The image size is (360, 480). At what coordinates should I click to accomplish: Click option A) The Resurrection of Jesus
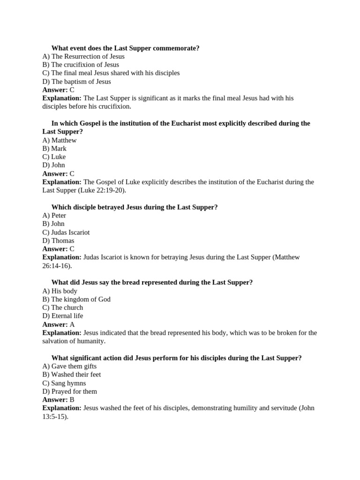pos(83,56)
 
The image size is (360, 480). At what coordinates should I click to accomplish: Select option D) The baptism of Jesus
pos(76,82)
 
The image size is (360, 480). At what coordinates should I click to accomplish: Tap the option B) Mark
pos(54,149)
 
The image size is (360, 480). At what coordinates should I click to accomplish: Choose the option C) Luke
pos(54,157)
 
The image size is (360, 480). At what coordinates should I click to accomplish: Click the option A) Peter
pos(54,216)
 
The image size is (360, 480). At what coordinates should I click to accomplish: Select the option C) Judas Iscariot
pos(66,232)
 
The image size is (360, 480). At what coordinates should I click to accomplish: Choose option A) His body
pos(60,291)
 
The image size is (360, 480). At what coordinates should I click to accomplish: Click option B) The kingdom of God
pos(76,300)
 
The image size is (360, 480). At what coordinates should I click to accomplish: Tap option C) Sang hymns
pos(64,383)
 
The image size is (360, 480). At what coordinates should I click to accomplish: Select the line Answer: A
pos(59,324)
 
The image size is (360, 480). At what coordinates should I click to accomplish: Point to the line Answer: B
pos(59,400)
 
